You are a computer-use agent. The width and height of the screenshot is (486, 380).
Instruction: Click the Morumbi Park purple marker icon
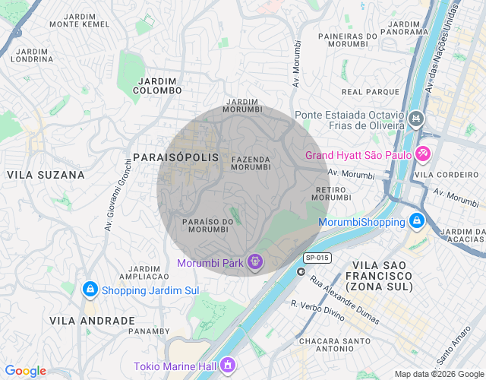255,263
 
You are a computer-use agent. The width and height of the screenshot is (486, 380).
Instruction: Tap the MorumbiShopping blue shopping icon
416,222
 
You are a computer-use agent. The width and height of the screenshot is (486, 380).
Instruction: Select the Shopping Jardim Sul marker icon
90,290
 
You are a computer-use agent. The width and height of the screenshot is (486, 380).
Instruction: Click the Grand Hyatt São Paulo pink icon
423,154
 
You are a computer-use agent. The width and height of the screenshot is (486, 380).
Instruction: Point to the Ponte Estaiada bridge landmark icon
416,119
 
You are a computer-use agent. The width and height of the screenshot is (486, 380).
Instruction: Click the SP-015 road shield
317,258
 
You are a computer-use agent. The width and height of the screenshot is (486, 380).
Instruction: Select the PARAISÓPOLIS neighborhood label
175,157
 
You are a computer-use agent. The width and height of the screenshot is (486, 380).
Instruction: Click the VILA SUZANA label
46,175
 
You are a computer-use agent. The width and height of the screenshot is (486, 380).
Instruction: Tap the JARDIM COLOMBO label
159,85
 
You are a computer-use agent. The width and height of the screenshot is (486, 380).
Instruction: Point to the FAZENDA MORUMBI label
251,163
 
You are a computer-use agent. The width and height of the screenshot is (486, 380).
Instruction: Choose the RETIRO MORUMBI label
330,193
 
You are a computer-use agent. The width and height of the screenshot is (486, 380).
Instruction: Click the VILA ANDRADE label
92,321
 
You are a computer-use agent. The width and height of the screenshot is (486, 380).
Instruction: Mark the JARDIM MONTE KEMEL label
79,20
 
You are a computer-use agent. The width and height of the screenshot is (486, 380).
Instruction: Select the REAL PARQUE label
360,92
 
